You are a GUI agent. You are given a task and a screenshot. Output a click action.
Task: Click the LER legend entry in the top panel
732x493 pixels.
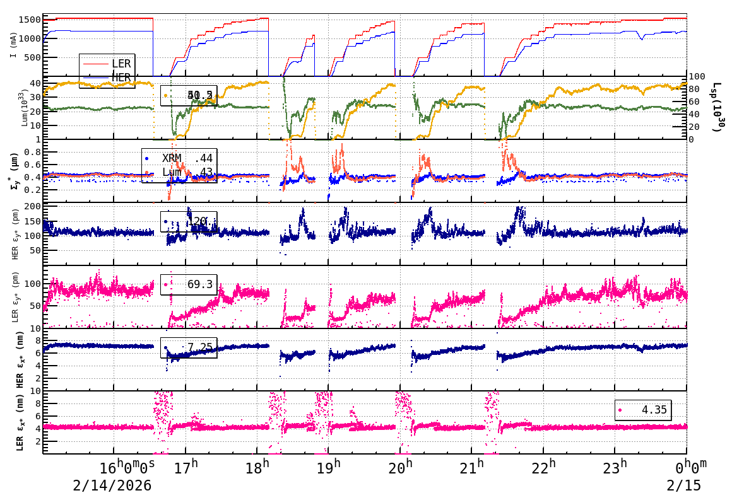click(x=121, y=64)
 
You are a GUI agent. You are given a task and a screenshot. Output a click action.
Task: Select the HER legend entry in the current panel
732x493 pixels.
click(x=121, y=77)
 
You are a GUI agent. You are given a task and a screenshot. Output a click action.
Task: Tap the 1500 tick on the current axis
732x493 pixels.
click(x=30, y=20)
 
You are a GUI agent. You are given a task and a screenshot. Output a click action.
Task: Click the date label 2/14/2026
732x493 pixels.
click(x=112, y=485)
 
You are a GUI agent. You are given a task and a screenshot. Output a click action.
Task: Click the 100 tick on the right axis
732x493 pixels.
click(x=697, y=76)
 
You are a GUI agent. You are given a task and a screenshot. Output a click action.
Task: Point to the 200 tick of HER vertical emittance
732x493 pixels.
click(x=32, y=206)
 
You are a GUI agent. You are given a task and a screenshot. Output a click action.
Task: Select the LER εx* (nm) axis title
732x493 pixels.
click(x=20, y=422)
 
